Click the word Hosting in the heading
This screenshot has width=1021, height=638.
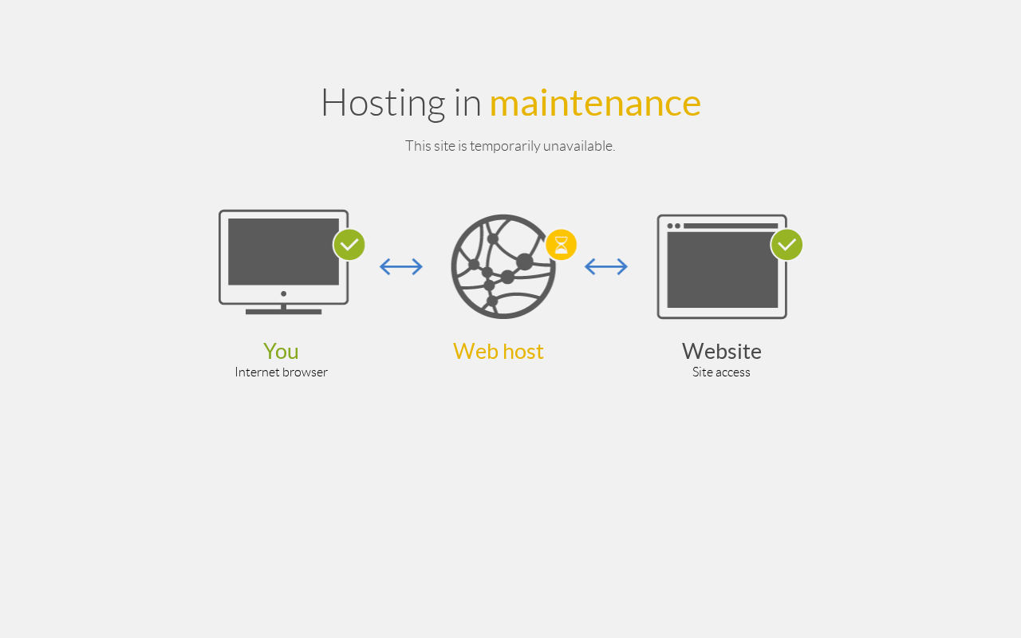point(384,104)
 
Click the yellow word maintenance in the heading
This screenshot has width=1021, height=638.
point(595,104)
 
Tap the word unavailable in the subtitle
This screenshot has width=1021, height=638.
point(579,146)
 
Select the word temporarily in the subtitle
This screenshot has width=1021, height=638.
point(505,146)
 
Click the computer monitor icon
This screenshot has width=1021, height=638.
point(283,262)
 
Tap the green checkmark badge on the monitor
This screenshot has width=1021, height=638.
point(349,245)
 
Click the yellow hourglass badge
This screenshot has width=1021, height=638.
point(561,245)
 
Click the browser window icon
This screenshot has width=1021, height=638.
point(722,266)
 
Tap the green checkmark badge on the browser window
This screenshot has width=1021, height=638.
point(786,245)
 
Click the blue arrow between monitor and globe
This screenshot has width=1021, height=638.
point(401,266)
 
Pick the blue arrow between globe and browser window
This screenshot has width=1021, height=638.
point(606,266)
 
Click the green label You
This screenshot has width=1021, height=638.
point(281,352)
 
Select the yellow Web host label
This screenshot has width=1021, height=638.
point(499,352)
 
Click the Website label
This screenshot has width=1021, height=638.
point(722,352)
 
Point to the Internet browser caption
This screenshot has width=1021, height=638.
point(282,372)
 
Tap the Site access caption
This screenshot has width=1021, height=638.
point(721,372)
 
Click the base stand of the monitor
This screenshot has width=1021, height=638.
point(283,312)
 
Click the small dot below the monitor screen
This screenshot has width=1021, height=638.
point(283,294)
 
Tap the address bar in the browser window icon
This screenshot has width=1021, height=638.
point(731,226)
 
